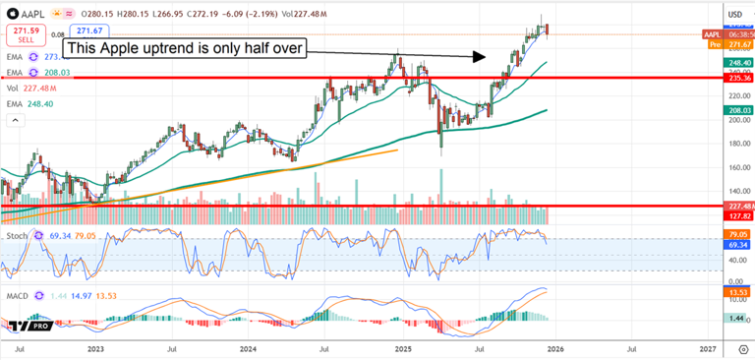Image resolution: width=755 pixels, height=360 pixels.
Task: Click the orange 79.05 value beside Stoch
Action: coord(92,237)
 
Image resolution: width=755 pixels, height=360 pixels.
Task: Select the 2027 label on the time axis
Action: coord(707,349)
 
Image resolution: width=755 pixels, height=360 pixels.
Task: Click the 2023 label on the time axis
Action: coord(95,349)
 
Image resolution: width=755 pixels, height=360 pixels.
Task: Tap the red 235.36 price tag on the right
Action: coord(738,77)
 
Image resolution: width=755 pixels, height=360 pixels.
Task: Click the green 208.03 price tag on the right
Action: coord(738,112)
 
